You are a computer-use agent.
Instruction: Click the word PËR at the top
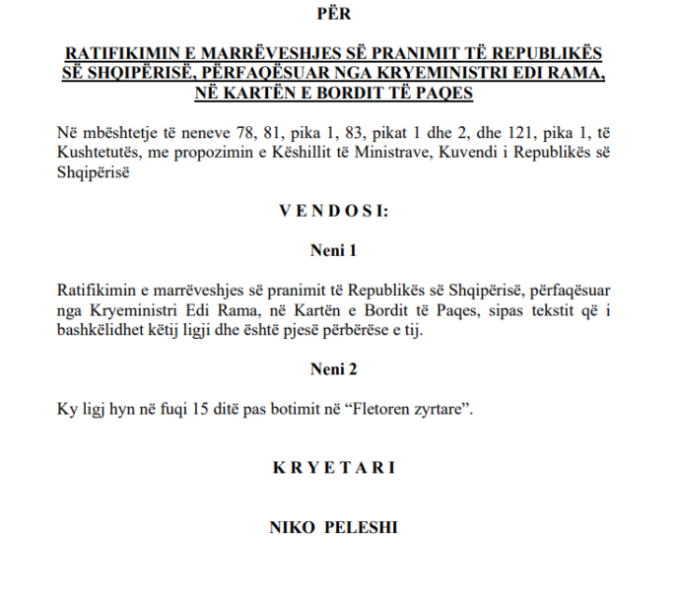point(334,14)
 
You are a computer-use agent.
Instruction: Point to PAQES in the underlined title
point(450,94)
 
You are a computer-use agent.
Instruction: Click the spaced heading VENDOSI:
point(334,211)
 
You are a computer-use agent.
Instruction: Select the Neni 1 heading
point(334,251)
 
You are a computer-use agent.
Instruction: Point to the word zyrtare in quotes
point(439,409)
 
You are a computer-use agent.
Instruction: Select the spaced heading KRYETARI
point(334,467)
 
